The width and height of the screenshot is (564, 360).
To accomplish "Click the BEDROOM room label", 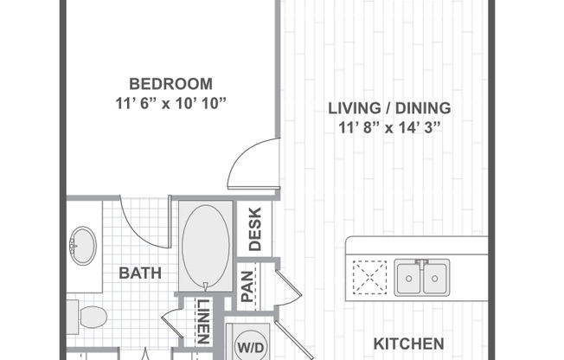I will [x=170, y=84].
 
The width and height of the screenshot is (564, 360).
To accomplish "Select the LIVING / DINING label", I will [x=389, y=108].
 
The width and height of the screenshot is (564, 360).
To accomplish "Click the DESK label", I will [x=255, y=228].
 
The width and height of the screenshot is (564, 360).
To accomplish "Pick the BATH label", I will [x=140, y=273].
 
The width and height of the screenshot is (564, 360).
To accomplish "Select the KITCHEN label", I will [x=408, y=344].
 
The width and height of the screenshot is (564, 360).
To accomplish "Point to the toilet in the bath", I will [x=89, y=316].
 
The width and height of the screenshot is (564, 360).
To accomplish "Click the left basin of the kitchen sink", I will [x=409, y=277].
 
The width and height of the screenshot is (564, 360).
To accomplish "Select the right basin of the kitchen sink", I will [x=436, y=277].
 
